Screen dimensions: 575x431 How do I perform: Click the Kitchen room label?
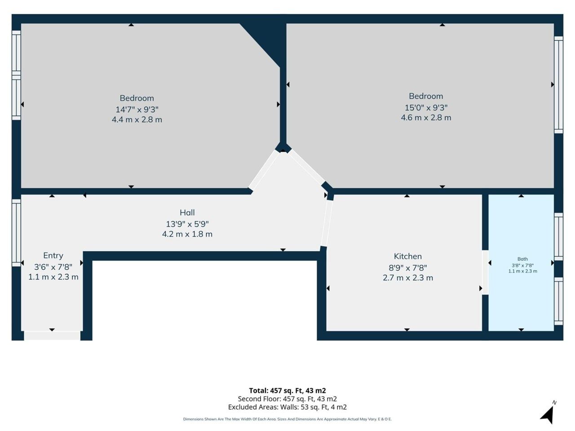coord(407,256)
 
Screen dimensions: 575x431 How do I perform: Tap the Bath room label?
coord(522,259)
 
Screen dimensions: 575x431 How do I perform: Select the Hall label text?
coord(187,212)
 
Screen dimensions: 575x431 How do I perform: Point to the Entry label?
coord(53,255)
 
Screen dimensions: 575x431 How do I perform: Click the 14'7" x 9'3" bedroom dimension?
coord(137,110)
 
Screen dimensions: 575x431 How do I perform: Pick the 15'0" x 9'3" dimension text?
coord(426,108)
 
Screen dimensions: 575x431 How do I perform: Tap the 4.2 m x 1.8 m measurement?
coord(187,234)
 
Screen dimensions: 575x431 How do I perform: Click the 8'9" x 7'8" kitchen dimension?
coord(407,268)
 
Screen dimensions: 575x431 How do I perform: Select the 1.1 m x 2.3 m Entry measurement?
coord(53,277)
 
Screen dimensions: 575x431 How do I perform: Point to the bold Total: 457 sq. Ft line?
coord(287,391)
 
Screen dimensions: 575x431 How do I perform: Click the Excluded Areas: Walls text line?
coord(287,407)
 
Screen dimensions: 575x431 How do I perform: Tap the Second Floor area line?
coord(287,399)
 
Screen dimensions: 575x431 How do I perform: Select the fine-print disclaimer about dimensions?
coord(287,419)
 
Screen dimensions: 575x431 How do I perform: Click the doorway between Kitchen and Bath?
coord(485,272)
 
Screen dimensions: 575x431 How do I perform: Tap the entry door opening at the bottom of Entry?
coord(52,336)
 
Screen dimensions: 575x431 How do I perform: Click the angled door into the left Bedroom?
coord(264,170)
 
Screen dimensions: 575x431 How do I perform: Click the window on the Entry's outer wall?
coord(16,233)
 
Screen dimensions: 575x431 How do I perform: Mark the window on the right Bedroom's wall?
coord(558,85)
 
